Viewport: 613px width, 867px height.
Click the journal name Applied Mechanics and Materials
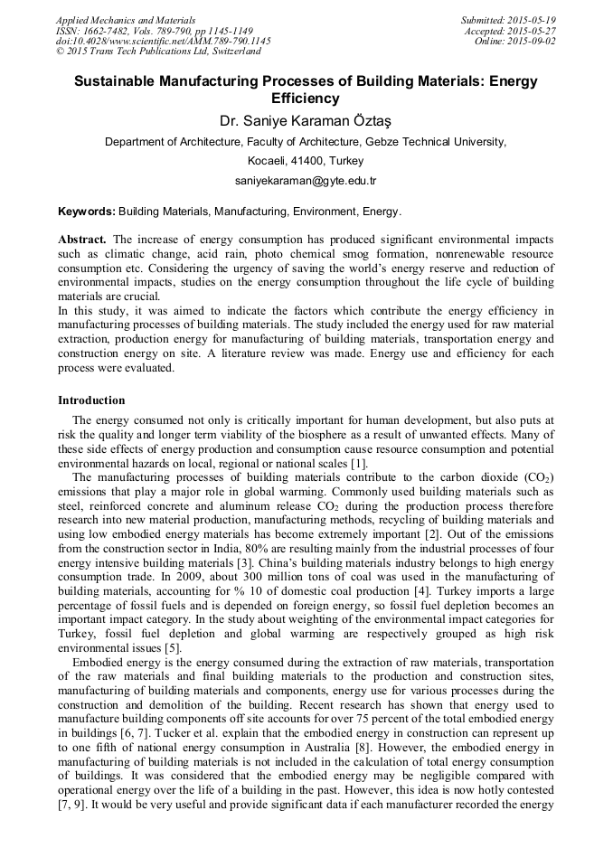click(x=126, y=20)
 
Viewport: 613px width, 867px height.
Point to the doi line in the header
click(x=163, y=42)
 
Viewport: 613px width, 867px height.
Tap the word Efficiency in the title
click(x=306, y=99)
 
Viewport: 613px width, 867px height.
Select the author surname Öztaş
click(x=373, y=120)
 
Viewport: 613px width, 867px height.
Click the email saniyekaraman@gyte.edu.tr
click(x=306, y=181)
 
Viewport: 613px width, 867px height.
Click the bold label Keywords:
click(x=87, y=212)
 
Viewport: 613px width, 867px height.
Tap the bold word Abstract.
click(x=82, y=240)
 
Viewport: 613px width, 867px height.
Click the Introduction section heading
click(x=91, y=400)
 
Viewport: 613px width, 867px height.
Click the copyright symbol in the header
click(x=61, y=52)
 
